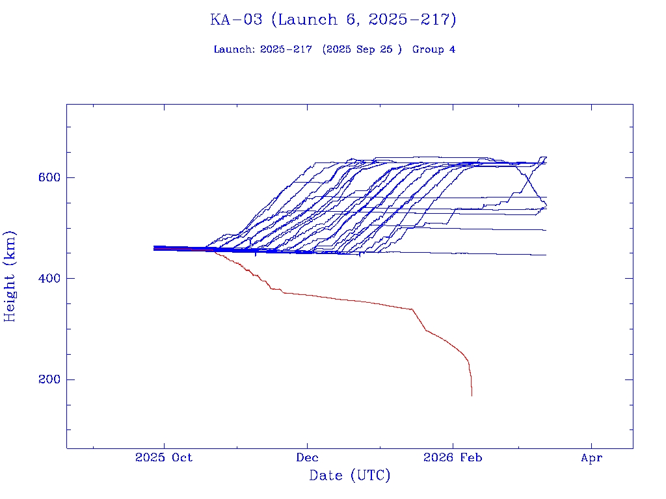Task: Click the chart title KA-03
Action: click(x=235, y=19)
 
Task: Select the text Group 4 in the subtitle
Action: click(x=434, y=49)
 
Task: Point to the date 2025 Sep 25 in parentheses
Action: click(x=362, y=49)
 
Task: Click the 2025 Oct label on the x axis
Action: click(x=164, y=458)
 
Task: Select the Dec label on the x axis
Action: click(x=307, y=458)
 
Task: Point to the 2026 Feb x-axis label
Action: click(x=453, y=458)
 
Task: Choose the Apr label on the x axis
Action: click(x=592, y=458)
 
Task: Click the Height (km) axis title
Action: click(x=10, y=276)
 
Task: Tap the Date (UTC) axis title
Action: click(x=350, y=476)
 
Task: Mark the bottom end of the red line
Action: click(x=472, y=395)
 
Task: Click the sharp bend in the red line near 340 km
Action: click(x=412, y=309)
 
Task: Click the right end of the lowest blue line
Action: click(x=546, y=255)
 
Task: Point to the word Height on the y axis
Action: click(x=10, y=292)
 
